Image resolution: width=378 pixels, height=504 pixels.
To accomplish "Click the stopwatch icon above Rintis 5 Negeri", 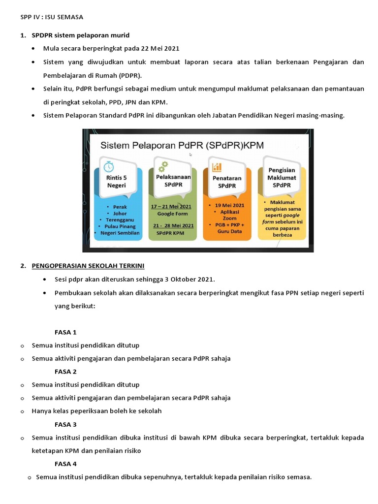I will point(109,167).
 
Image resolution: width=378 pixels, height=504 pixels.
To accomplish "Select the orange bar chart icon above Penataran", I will point(217,166).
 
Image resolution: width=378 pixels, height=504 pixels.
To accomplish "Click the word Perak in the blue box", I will point(120,207).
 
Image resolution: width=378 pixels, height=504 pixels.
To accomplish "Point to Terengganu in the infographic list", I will point(120,220).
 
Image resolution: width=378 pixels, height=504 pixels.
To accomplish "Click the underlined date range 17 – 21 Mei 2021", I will point(171,207).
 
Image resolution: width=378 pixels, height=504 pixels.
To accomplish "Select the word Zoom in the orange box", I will point(229,218).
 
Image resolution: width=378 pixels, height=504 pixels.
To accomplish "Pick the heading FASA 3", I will point(65,424).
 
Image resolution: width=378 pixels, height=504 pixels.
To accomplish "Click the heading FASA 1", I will point(65,332).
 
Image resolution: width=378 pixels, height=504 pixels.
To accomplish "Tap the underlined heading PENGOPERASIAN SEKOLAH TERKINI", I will point(88,266).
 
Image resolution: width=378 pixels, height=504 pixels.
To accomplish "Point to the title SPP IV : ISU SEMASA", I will point(52,17).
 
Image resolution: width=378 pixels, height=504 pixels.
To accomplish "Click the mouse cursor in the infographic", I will point(191,155).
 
